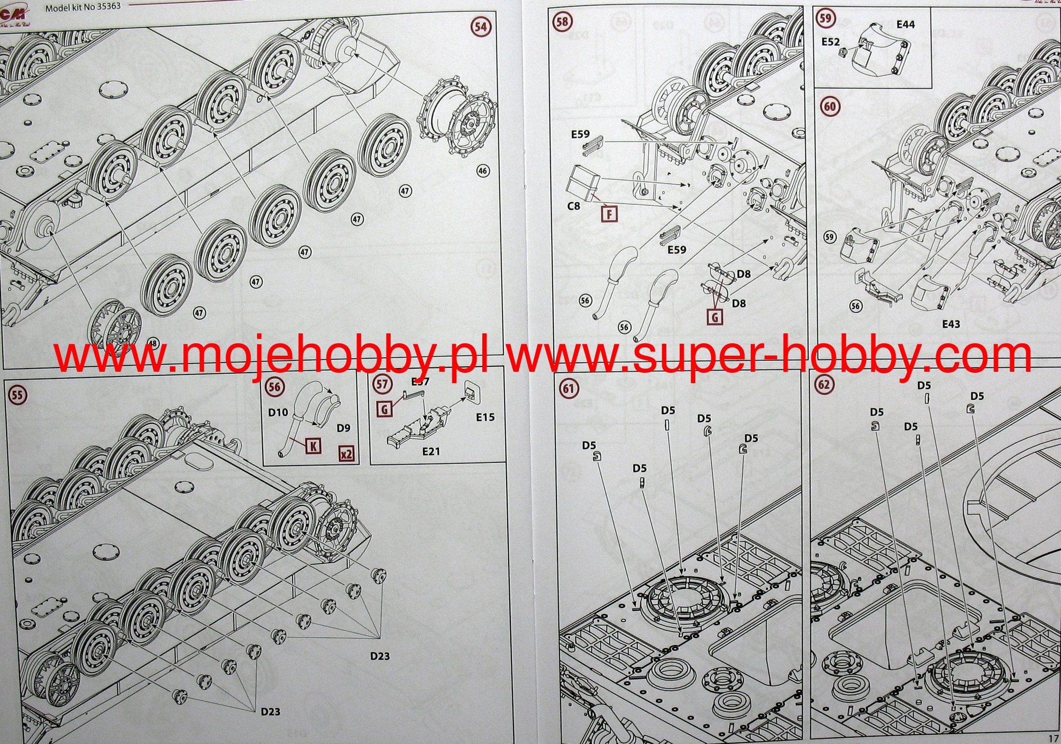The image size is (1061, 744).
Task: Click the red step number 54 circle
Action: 481,26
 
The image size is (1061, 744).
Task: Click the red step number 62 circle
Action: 824,385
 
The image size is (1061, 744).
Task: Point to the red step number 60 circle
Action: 829,106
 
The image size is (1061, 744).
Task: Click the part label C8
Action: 573,206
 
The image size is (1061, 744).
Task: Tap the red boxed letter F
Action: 610,213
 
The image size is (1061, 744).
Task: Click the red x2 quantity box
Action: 346,454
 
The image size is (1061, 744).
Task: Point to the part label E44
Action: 906,24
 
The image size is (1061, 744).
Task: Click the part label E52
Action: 830,41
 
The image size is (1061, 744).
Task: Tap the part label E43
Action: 951,324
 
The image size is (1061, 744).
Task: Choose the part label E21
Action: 431,451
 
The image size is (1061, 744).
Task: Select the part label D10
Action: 278,413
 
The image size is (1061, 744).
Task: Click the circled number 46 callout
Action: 482,171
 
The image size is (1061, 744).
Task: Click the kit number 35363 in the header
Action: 105,8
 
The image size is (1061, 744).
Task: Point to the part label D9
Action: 343,428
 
